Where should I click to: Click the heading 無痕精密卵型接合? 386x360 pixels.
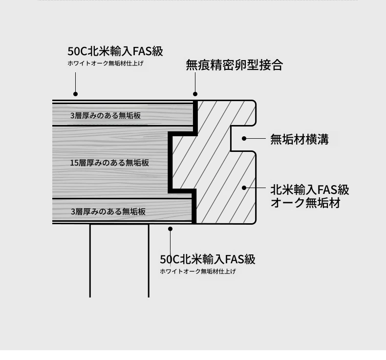[x=234, y=65]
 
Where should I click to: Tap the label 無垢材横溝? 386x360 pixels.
[x=300, y=139]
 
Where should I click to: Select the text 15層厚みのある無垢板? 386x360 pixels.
[x=109, y=163]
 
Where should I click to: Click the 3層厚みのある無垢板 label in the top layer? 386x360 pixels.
[x=106, y=115]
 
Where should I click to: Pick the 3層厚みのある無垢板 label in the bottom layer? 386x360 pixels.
[x=108, y=212]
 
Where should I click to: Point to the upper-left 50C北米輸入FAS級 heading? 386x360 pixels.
[x=115, y=51]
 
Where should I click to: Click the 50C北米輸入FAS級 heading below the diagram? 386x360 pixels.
[x=208, y=259]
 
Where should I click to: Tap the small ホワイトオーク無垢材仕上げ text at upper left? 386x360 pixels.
[x=106, y=63]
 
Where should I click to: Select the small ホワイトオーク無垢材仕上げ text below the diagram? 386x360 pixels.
[x=198, y=271]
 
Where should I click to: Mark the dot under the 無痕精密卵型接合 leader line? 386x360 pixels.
[x=195, y=94]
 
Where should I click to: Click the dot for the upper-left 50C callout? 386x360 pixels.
[x=76, y=94]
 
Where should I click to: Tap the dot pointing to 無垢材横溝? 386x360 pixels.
[x=244, y=139]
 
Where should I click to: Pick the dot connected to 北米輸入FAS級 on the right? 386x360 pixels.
[x=244, y=188]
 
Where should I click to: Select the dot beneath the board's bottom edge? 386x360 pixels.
[x=170, y=229]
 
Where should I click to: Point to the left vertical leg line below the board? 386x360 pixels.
[x=90, y=260]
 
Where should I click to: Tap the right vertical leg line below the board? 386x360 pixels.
[x=149, y=260]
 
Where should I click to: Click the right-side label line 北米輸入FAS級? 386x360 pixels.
[x=310, y=190]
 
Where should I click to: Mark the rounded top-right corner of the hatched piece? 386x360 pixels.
[x=254, y=102]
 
